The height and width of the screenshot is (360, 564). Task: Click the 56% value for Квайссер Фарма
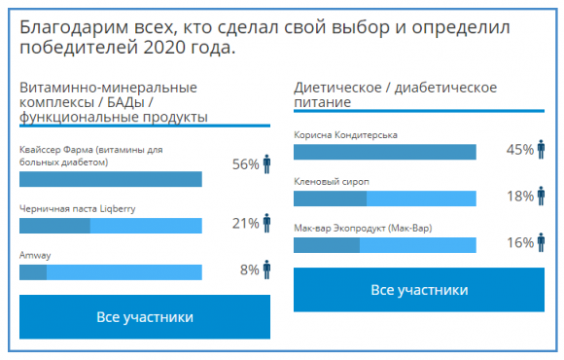(x=245, y=164)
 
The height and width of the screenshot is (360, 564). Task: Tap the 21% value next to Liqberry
(x=245, y=224)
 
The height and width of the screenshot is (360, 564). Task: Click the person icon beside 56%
(x=266, y=162)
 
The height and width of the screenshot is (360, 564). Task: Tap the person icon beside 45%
(x=541, y=149)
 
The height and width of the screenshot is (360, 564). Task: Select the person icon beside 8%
(x=266, y=270)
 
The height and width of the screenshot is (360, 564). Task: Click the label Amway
(x=35, y=255)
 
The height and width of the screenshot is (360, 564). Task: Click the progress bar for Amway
(x=111, y=272)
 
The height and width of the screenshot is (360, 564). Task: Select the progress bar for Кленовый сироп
(x=384, y=198)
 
